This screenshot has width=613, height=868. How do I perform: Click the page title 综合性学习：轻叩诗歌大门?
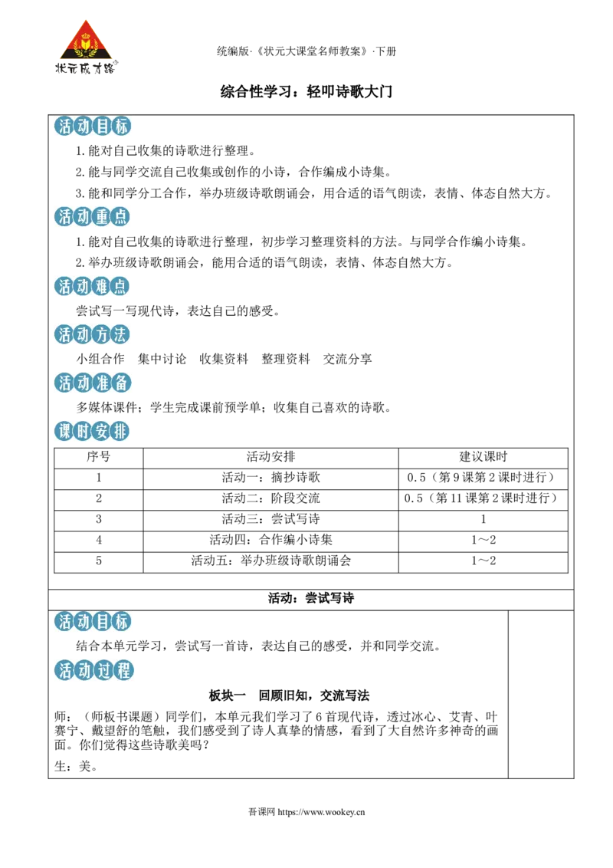[x=306, y=91]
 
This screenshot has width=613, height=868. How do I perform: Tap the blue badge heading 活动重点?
[x=92, y=216]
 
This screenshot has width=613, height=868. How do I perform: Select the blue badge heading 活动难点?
[x=92, y=286]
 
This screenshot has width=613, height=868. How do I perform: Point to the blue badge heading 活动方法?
[x=92, y=334]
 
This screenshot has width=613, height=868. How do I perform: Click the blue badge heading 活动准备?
[x=92, y=383]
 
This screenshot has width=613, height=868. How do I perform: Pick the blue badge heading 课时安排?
[x=92, y=431]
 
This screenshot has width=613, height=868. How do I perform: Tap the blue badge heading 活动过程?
[x=94, y=670]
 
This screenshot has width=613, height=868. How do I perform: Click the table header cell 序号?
[x=99, y=457]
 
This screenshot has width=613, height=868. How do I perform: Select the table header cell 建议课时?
[x=483, y=457]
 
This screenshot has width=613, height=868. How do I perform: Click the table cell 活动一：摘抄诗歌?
[x=270, y=477]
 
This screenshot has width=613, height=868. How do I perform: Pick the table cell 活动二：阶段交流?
[x=270, y=498]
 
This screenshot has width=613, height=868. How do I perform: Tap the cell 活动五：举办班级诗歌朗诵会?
[x=270, y=561]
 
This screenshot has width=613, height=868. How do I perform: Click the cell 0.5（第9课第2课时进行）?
[x=483, y=477]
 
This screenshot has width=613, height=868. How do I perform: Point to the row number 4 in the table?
[x=99, y=540]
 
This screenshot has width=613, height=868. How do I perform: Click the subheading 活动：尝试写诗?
[x=311, y=598]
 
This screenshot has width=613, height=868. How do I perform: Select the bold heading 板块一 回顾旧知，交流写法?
[x=289, y=695]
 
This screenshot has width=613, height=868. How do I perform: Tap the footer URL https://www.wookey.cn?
[x=321, y=812]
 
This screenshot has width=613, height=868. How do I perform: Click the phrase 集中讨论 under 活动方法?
[x=162, y=359]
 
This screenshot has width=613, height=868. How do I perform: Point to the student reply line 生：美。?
[x=77, y=766]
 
